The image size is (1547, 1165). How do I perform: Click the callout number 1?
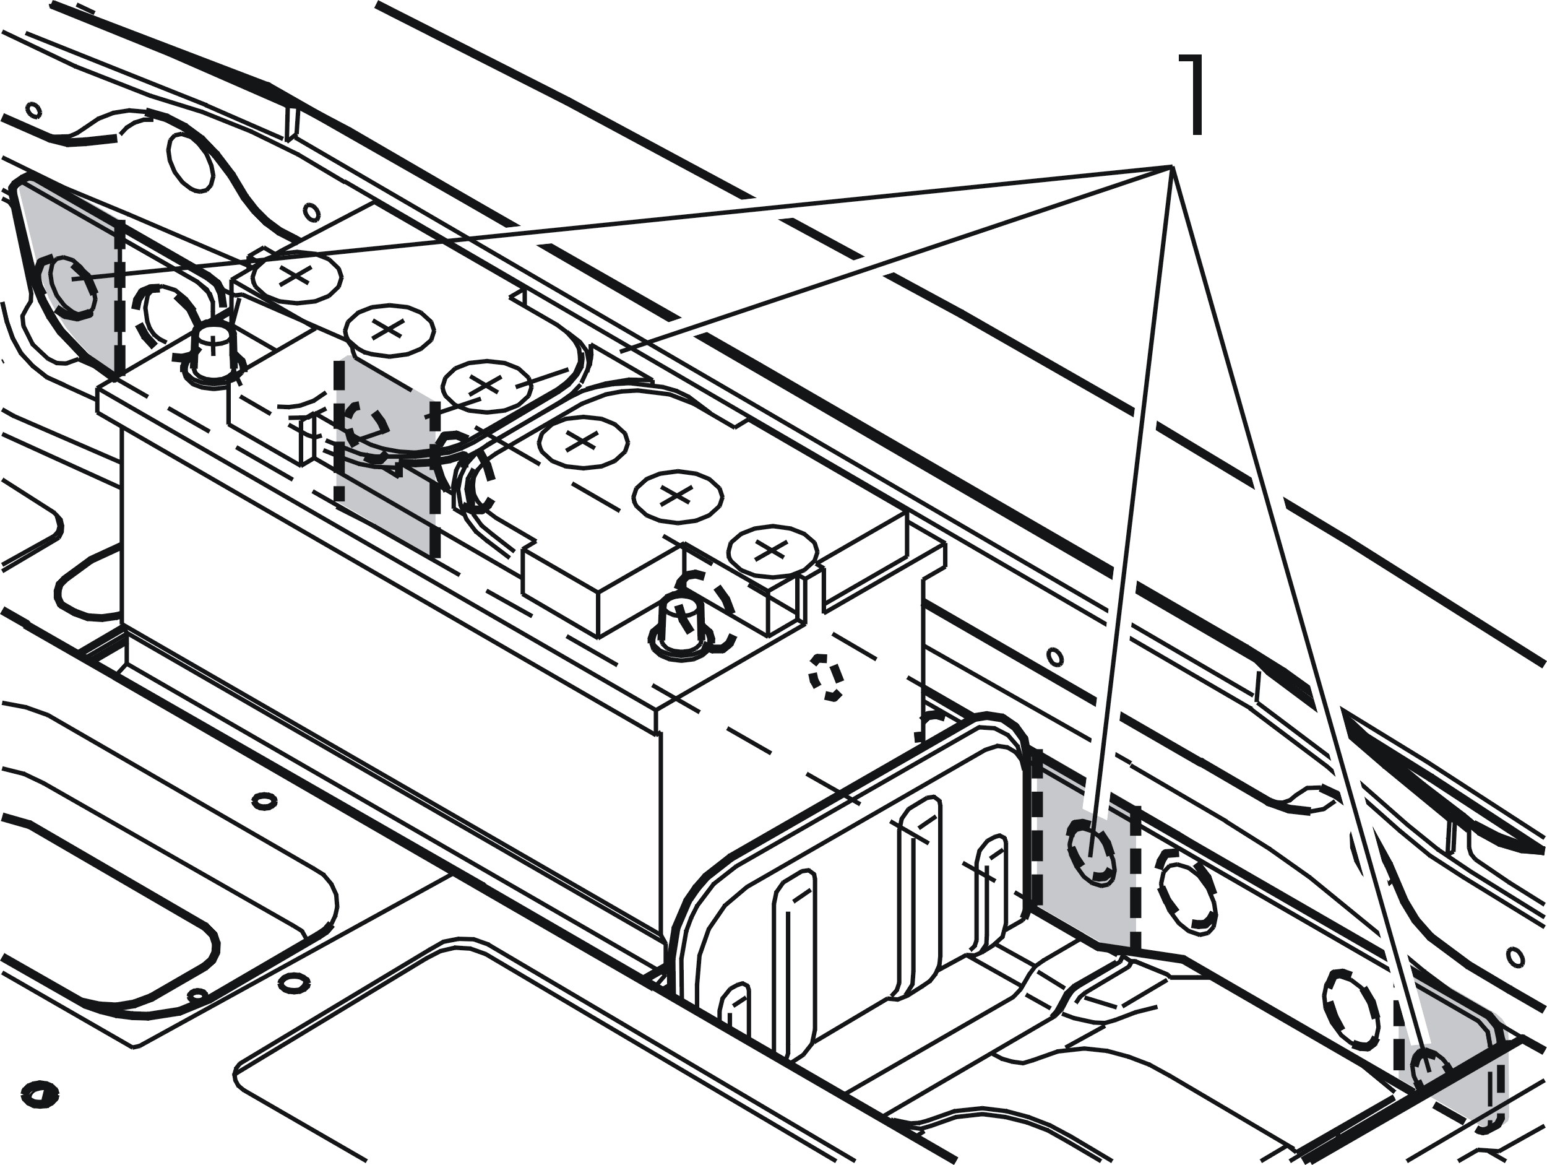pos(1191,95)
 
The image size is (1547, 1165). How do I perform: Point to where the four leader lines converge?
pos(1172,167)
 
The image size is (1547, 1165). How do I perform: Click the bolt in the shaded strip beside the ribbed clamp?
pos(1091,852)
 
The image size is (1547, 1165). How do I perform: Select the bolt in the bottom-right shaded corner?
pos(1429,1069)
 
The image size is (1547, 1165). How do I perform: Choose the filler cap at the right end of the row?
pos(772,552)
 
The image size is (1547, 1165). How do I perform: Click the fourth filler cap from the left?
pos(582,441)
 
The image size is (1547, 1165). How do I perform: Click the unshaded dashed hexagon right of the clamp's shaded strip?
pos(1187,896)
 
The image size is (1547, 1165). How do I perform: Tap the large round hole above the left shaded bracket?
pos(191,163)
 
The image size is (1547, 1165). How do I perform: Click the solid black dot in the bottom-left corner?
pos(38,1094)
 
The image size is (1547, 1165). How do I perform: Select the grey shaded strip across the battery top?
pos(386,455)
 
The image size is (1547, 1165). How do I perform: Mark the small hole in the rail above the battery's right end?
pos(1056,657)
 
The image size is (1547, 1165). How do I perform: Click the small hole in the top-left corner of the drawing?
pos(33,111)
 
